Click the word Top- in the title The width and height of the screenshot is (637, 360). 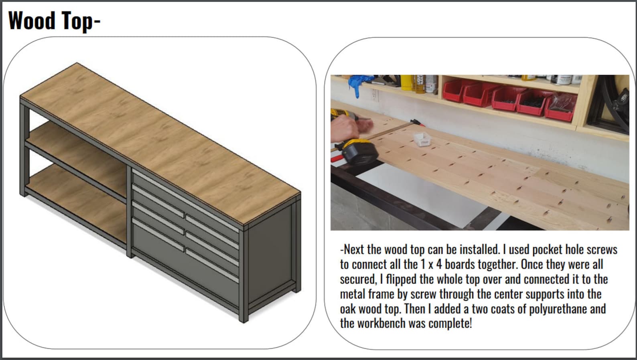[x=79, y=21]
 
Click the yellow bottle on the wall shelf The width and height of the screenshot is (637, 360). [x=406, y=83]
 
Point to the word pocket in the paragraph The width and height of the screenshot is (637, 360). [x=547, y=249]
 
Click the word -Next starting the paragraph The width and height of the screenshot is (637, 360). [x=352, y=249]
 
